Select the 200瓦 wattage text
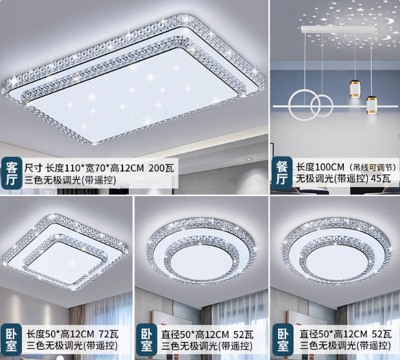click(162, 168)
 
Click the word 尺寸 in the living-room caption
click(31, 168)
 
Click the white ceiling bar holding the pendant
click(336, 30)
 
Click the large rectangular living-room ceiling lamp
click(135, 84)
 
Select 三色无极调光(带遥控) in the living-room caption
click(68, 180)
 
